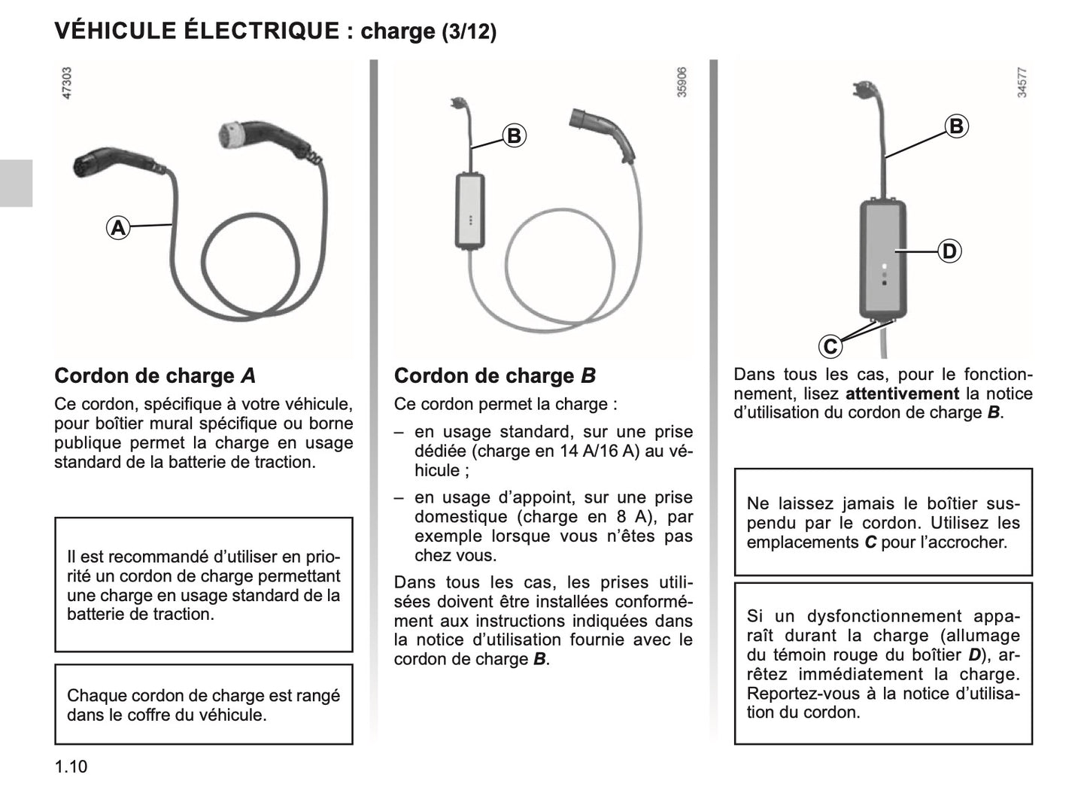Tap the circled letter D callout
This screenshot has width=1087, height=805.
[949, 251]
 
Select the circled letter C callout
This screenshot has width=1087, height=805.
[830, 347]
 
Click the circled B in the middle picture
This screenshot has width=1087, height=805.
[514, 136]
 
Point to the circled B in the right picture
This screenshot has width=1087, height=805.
[956, 126]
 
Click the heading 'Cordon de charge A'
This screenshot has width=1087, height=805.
[155, 376]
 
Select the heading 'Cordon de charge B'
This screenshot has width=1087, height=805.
[494, 376]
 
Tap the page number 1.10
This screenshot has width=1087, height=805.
[71, 767]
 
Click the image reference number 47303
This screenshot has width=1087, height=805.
[66, 84]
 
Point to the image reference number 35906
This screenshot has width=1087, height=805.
[682, 83]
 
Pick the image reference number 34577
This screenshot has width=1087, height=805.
[1022, 83]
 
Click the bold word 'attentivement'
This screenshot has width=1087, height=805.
[902, 393]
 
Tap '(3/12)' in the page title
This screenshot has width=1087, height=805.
[469, 32]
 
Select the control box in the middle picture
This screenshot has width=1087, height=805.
[470, 211]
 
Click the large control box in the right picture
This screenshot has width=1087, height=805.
[883, 258]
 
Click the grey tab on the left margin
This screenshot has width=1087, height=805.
[16, 183]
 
